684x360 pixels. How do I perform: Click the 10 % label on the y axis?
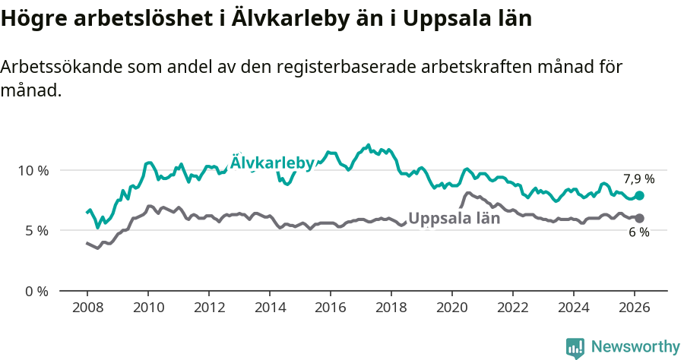pos(33,170)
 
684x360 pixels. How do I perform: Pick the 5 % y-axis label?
pos(36,231)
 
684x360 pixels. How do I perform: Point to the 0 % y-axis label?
pos(36,292)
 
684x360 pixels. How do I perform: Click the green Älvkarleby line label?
pos(272,163)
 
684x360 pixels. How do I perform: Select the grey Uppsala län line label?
pos(454,219)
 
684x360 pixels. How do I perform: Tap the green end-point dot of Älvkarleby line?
pos(640,195)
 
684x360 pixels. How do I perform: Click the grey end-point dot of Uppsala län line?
pos(640,219)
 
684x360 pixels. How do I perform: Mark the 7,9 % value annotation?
pos(638,179)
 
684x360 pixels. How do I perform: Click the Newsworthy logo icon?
pos(575,348)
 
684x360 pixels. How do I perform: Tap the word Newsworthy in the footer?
pos(635,347)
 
